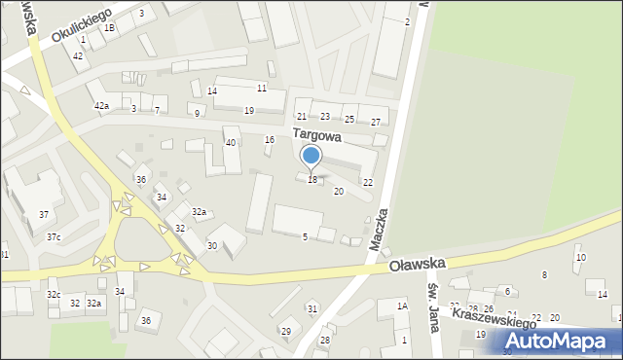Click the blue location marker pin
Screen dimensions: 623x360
pos(311,156)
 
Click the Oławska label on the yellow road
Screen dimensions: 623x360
pos(417,264)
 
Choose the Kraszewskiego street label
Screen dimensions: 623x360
pos(495,322)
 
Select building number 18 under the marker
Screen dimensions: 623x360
pos(312,180)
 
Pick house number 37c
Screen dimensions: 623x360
pos(54,236)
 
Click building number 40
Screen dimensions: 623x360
pos(231,143)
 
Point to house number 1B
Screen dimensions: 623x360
pos(110,28)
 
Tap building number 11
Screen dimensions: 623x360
pos(262,89)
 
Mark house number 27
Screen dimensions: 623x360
pos(376,122)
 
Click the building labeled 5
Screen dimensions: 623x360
pos(305,236)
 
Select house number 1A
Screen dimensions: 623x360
pos(402,306)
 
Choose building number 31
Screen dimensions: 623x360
pos(312,308)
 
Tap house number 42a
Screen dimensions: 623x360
pos(101,105)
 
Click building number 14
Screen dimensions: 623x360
pos(212,90)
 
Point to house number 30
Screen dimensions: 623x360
pos(212,245)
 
